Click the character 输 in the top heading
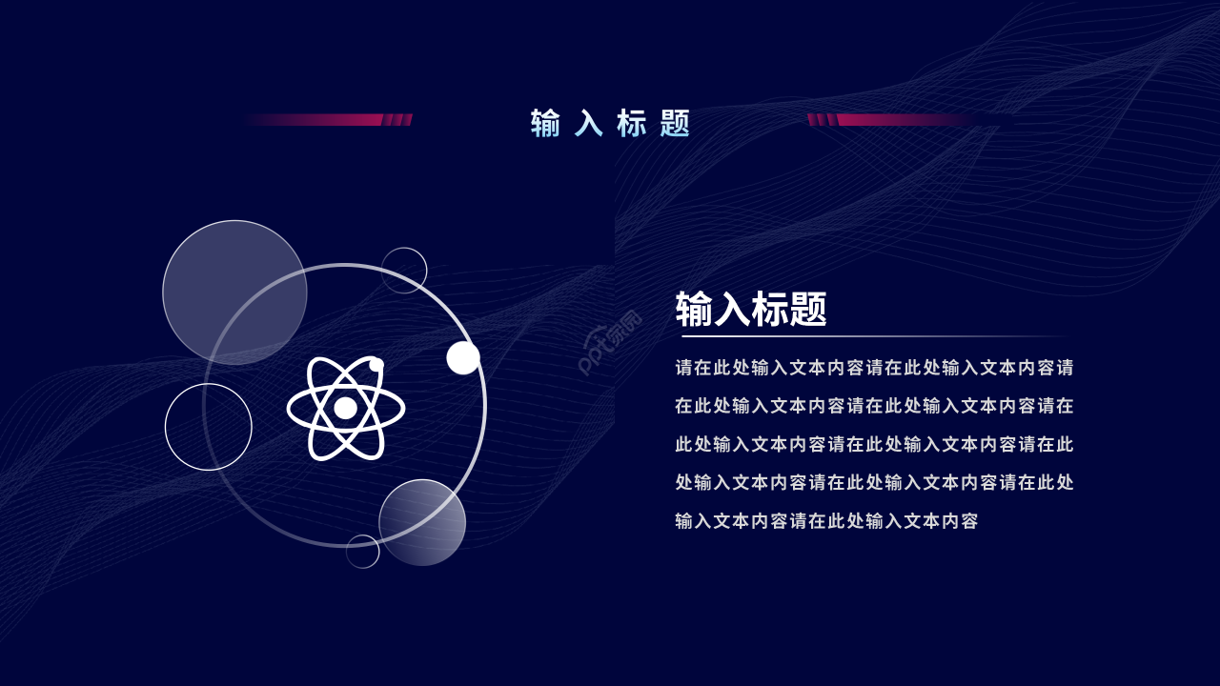545,123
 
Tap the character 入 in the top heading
589,123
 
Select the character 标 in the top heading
632,123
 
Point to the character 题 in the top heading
675,123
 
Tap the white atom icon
345,408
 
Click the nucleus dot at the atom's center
345,408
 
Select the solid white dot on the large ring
463,357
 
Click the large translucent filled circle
234,293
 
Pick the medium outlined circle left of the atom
209,427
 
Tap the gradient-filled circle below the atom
422,522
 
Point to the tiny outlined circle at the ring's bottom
362,552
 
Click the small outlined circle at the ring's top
404,271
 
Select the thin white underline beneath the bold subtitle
872,337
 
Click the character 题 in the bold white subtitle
807,310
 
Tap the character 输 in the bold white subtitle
695,310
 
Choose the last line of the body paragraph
826,521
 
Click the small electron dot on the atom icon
376,365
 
